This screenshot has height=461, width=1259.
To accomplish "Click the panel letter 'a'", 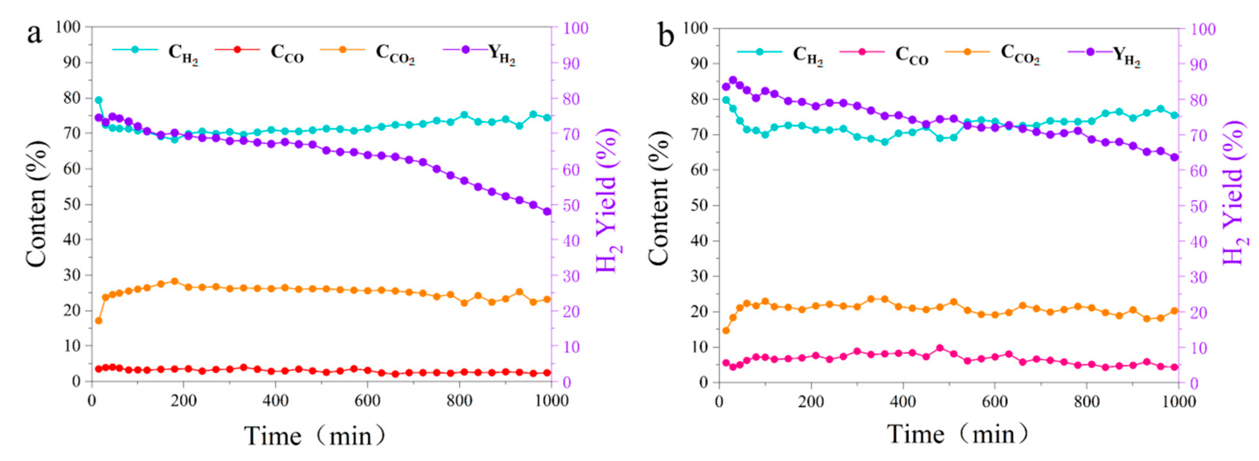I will [34, 34].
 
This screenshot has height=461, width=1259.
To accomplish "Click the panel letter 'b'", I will [666, 36].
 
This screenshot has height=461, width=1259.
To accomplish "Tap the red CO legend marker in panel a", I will [237, 49].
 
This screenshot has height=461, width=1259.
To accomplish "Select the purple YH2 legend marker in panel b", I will [1090, 52].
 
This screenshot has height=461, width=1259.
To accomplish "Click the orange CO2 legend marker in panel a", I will [343, 49].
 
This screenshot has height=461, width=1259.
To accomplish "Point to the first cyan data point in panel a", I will [98, 100].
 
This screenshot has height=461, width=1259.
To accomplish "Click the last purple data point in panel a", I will [547, 211].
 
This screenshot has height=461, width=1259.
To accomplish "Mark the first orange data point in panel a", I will [98, 321].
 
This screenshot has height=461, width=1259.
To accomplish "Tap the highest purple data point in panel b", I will [733, 80].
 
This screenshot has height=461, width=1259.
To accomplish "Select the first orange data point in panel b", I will [726, 331].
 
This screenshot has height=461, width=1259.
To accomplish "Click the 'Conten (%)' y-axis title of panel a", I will [36, 204].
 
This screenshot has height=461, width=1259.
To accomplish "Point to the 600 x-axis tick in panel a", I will [367, 401].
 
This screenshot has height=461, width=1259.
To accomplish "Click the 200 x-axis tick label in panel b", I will [811, 402].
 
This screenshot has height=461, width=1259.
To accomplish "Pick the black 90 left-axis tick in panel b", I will [698, 64].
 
